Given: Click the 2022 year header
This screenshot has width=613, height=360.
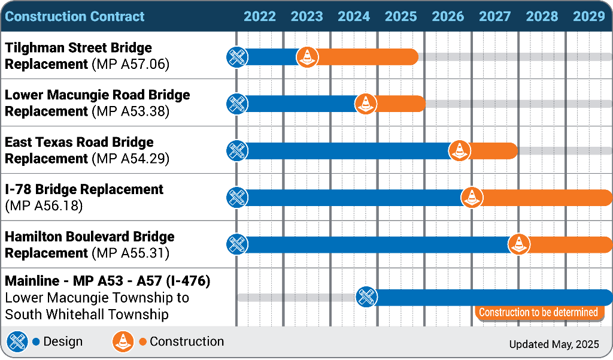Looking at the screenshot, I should [x=260, y=16].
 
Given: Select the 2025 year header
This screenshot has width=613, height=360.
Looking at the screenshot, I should [x=400, y=16].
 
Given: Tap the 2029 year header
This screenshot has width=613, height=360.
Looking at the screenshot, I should [x=589, y=16].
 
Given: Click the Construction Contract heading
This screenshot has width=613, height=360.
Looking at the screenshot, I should [x=75, y=16].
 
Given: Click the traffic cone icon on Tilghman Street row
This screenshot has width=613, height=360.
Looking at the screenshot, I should [x=307, y=57].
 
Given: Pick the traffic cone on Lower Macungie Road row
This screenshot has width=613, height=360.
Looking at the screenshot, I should [x=366, y=104].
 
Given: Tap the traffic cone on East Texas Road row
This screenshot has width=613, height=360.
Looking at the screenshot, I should [x=459, y=150].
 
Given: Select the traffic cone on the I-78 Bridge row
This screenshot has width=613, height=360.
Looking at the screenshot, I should [x=472, y=197].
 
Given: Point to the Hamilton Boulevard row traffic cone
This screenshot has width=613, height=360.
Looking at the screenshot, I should [x=518, y=244].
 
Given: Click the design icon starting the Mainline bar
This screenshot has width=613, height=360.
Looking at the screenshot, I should [x=366, y=297].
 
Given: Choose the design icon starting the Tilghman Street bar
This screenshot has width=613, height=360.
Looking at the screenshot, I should [x=237, y=57].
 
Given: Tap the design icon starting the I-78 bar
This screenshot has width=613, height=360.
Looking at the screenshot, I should [x=237, y=197].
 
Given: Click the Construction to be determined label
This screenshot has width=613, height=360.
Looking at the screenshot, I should [x=538, y=312].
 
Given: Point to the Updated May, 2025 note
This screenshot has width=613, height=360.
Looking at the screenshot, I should [x=554, y=344].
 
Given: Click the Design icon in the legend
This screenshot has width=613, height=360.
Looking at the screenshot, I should [x=17, y=342].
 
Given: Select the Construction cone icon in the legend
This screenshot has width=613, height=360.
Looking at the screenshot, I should [x=123, y=342].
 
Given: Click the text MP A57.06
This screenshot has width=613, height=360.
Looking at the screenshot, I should [x=131, y=64].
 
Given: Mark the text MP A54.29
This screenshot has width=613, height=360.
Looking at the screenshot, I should [x=131, y=159].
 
